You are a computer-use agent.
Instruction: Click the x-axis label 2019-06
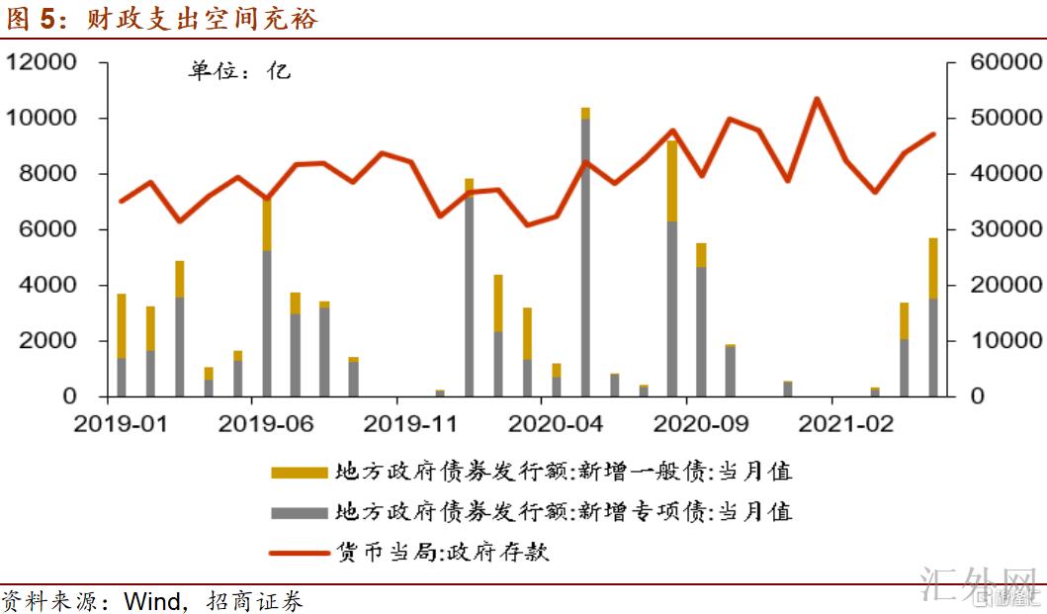click(266, 424)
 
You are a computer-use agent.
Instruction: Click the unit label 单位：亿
click(240, 71)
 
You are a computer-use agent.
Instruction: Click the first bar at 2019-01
click(122, 346)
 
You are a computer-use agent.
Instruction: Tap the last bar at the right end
click(932, 316)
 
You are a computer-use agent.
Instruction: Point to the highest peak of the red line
click(817, 98)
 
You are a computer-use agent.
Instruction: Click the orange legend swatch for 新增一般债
click(299, 473)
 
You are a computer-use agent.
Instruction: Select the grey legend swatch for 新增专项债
click(299, 512)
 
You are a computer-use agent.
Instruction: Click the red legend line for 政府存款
click(299, 552)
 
